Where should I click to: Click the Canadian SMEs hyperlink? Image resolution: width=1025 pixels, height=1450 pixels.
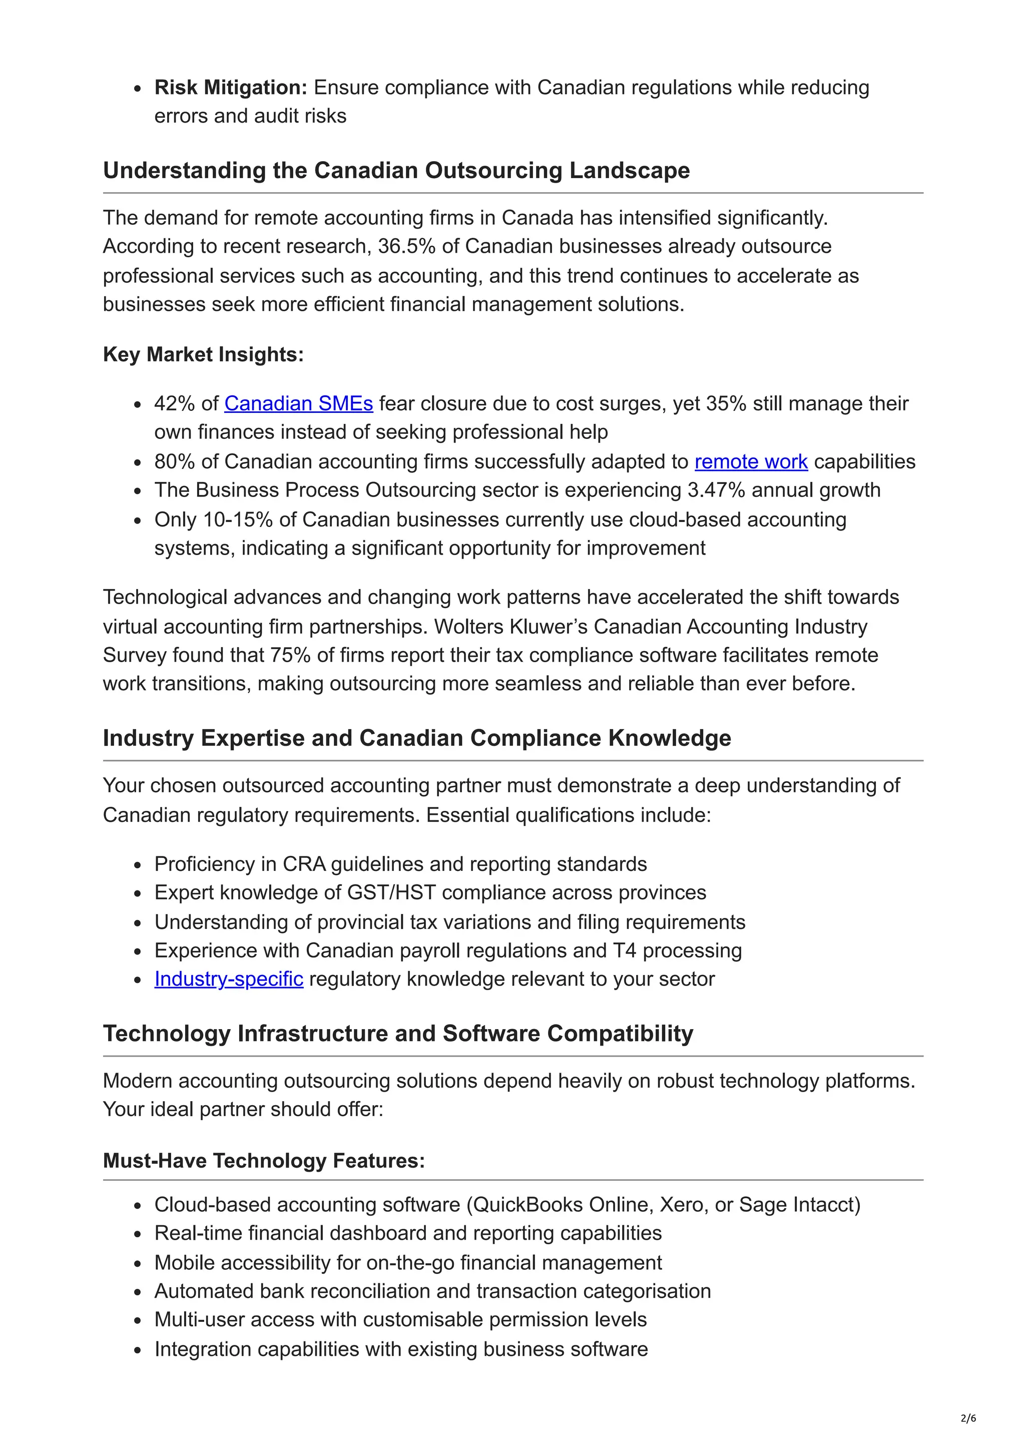click(298, 403)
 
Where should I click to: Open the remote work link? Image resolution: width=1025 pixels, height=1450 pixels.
click(751, 461)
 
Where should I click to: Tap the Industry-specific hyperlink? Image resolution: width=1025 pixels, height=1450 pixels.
click(229, 979)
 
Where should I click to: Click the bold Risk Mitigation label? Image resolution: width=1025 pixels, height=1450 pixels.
click(231, 87)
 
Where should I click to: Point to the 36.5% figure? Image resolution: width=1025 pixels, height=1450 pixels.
click(406, 246)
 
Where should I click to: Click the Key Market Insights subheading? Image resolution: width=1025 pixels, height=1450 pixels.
click(203, 354)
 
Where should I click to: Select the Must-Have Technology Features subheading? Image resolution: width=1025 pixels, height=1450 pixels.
click(264, 1161)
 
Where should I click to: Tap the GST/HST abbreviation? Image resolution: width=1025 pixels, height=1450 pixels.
click(391, 892)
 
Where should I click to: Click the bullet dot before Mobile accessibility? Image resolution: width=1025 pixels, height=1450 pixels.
click(138, 1264)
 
